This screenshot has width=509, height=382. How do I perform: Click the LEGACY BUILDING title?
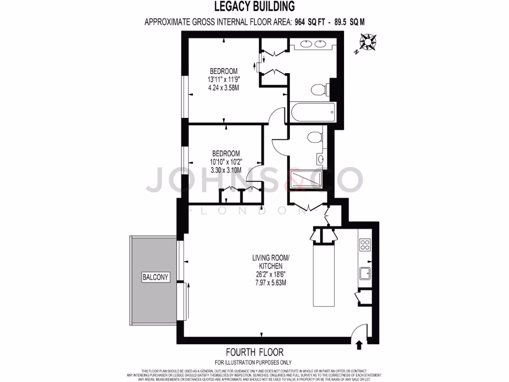point(254,6)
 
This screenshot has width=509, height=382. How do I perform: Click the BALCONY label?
point(155,277)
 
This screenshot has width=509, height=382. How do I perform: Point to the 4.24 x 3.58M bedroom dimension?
point(224,88)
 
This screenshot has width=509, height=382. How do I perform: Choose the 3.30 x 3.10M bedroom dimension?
point(226,170)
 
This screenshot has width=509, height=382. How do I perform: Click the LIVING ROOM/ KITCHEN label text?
point(270,262)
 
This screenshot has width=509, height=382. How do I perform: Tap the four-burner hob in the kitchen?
point(365,245)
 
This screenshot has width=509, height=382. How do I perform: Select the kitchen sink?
point(365,273)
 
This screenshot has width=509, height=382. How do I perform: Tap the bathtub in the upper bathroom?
point(312,112)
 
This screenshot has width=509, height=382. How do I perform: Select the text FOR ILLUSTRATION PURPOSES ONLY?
point(254,362)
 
